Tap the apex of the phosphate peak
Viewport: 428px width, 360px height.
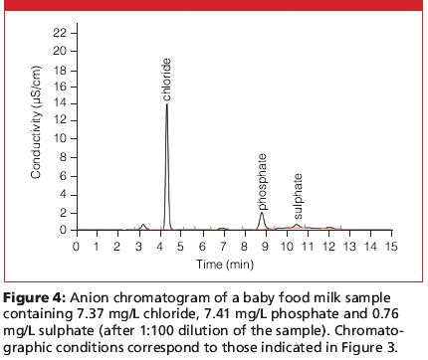pos(262,213)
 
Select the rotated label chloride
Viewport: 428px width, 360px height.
pos(168,79)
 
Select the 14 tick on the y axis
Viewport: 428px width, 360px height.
pos(60,105)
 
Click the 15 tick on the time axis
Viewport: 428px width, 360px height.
pos(391,245)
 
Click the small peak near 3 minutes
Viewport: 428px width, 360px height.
pos(143,226)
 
